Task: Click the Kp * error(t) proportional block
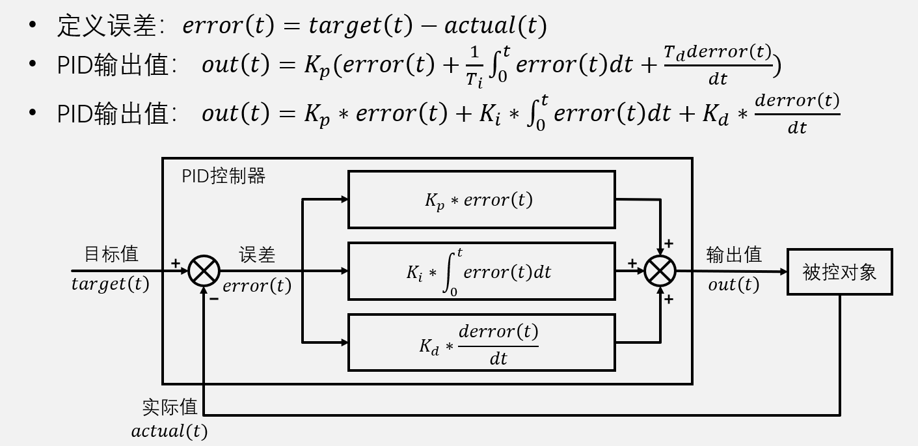[x=481, y=200]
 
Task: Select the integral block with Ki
[x=481, y=272]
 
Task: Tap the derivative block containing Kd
[x=481, y=342]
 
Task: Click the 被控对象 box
[x=839, y=272]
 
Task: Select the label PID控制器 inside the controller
[x=223, y=176]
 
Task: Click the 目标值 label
[x=111, y=254]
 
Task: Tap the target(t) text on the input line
[x=110, y=285]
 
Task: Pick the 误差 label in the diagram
[x=257, y=255]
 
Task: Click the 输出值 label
[x=734, y=255]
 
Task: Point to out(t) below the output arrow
[x=733, y=285]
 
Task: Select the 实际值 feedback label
[x=170, y=407]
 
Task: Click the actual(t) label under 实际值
[x=169, y=431]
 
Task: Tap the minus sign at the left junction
[x=213, y=299]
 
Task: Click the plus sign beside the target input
[x=175, y=263]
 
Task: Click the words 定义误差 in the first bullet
[x=107, y=25]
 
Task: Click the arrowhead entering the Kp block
[x=344, y=200]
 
